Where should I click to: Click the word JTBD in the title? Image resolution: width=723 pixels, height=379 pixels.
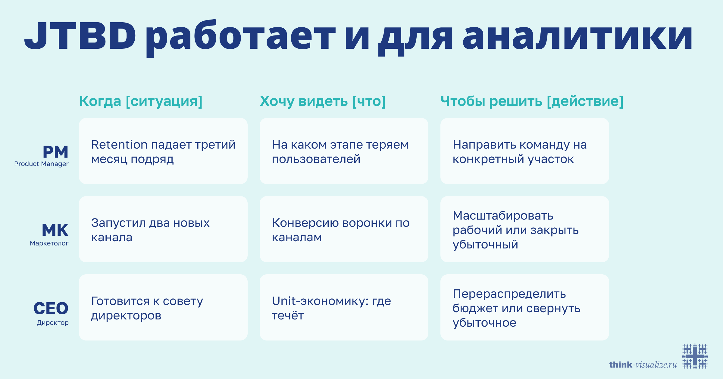click(x=80, y=36)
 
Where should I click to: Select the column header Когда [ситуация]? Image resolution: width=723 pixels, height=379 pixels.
click(x=141, y=101)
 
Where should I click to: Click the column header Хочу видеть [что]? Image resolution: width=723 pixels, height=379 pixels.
click(x=323, y=101)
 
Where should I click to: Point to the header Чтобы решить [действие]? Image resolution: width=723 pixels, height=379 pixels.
click(x=532, y=101)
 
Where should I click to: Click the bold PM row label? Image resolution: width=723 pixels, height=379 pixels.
click(x=55, y=152)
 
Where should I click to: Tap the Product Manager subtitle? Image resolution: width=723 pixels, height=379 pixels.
click(x=41, y=164)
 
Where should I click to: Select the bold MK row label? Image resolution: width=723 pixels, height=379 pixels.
click(x=55, y=230)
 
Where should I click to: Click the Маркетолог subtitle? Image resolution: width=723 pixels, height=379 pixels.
click(x=49, y=243)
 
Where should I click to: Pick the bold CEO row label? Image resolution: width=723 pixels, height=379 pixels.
click(x=51, y=309)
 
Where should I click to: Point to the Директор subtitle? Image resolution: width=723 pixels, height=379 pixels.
click(x=53, y=323)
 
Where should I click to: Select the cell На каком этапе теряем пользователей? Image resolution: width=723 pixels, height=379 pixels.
click(x=344, y=151)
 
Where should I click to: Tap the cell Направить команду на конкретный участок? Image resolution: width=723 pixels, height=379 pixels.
click(x=524, y=151)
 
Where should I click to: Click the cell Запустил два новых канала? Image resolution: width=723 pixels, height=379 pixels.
click(x=163, y=230)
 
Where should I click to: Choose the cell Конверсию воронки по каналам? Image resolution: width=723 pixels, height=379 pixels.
click(x=344, y=230)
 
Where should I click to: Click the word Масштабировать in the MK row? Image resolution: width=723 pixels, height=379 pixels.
click(x=503, y=216)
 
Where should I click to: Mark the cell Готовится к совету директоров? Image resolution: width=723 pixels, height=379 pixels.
click(x=163, y=308)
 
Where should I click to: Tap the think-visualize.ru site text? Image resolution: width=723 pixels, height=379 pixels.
click(x=643, y=365)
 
